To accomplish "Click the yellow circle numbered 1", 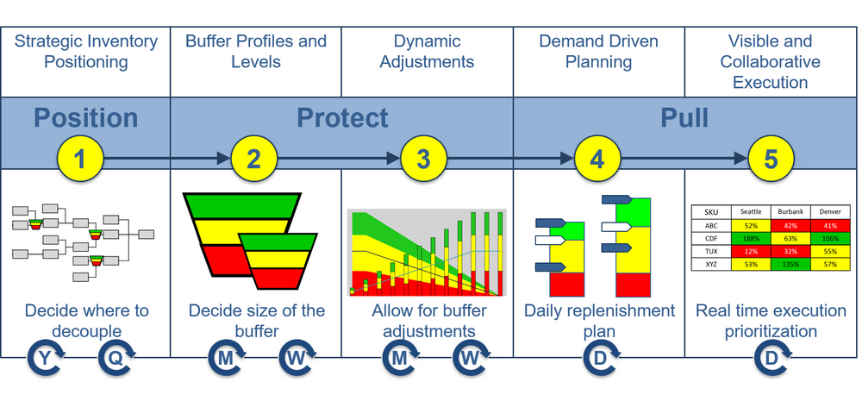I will click(x=81, y=159).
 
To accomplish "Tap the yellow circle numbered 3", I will click(x=423, y=159).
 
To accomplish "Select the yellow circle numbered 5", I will click(x=771, y=159).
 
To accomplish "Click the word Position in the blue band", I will click(x=85, y=118).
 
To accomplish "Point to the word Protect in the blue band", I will click(x=342, y=118).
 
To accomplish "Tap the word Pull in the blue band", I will click(x=684, y=118).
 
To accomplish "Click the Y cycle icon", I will click(x=46, y=356).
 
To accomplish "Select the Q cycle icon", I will click(x=116, y=356).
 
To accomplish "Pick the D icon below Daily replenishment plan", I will click(x=600, y=356).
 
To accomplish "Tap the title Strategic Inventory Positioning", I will click(x=85, y=51).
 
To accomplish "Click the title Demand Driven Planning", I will click(x=598, y=51).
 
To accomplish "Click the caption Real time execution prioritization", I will click(x=770, y=321).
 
